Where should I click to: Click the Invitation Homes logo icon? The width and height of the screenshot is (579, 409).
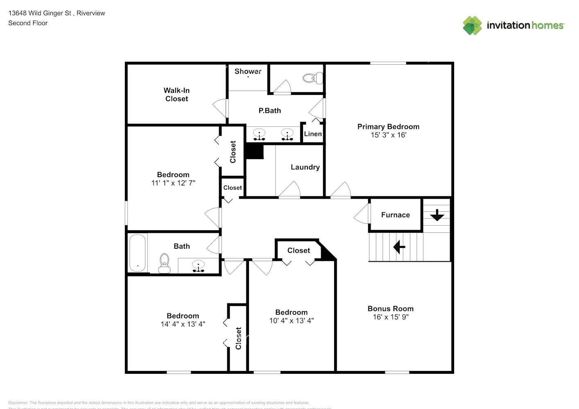(472, 25)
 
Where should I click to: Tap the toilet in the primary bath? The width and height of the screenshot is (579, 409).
(313, 78)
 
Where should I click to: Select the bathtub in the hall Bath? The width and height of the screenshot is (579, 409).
(138, 253)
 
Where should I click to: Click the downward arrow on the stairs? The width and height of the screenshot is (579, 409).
(437, 215)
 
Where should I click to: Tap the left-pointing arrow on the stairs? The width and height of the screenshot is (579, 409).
(399, 247)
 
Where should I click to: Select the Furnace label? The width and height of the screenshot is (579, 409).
(395, 215)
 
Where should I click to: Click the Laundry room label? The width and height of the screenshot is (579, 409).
(305, 167)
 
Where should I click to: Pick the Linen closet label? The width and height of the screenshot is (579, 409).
(313, 134)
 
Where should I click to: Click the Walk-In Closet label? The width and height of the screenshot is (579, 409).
(176, 94)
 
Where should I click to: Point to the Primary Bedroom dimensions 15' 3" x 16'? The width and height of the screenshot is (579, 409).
(388, 135)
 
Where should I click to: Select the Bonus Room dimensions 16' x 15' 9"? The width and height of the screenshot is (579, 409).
(390, 317)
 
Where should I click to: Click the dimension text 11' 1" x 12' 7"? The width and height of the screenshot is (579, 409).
(173, 183)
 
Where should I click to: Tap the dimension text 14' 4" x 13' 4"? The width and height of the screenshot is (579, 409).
(183, 324)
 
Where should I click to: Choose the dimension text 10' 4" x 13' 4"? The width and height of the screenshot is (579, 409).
(291, 321)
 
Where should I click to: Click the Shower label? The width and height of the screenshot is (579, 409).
(248, 71)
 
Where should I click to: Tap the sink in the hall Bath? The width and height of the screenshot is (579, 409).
(199, 266)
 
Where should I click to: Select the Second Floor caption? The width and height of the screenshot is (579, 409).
(28, 23)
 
